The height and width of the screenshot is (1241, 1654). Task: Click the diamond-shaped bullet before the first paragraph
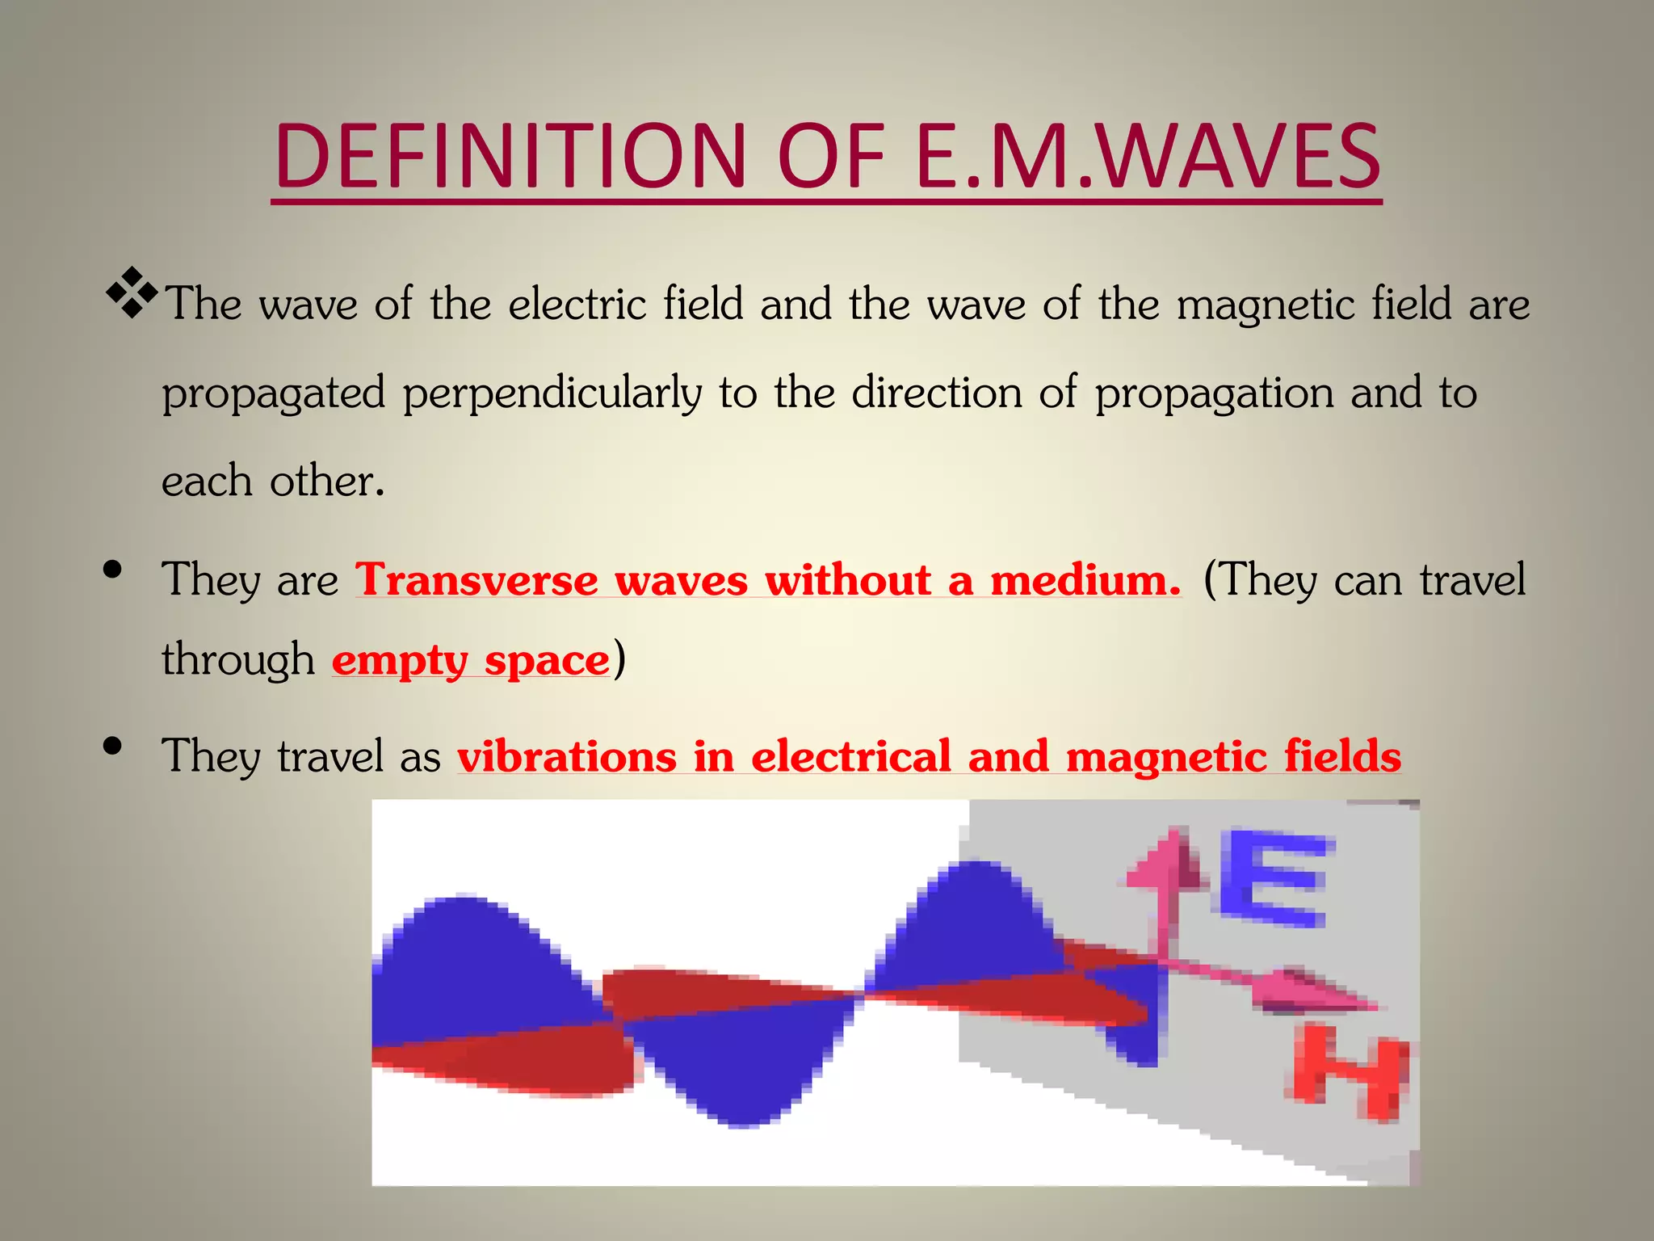coord(131,292)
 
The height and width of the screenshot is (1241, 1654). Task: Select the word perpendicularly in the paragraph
coord(552,394)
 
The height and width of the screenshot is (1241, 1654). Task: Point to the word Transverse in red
coord(476,580)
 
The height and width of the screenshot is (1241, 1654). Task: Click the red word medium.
coord(1085,580)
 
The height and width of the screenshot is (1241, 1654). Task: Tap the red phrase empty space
coord(470,661)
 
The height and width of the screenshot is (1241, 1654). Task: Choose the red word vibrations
coord(566,757)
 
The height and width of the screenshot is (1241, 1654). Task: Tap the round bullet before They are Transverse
coord(113,570)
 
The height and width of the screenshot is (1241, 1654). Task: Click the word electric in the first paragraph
coord(577,305)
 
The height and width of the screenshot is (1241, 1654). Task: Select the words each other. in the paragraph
coord(272,482)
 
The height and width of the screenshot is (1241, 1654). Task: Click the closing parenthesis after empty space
coord(619,659)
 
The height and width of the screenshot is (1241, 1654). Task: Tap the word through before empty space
coord(237,659)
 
